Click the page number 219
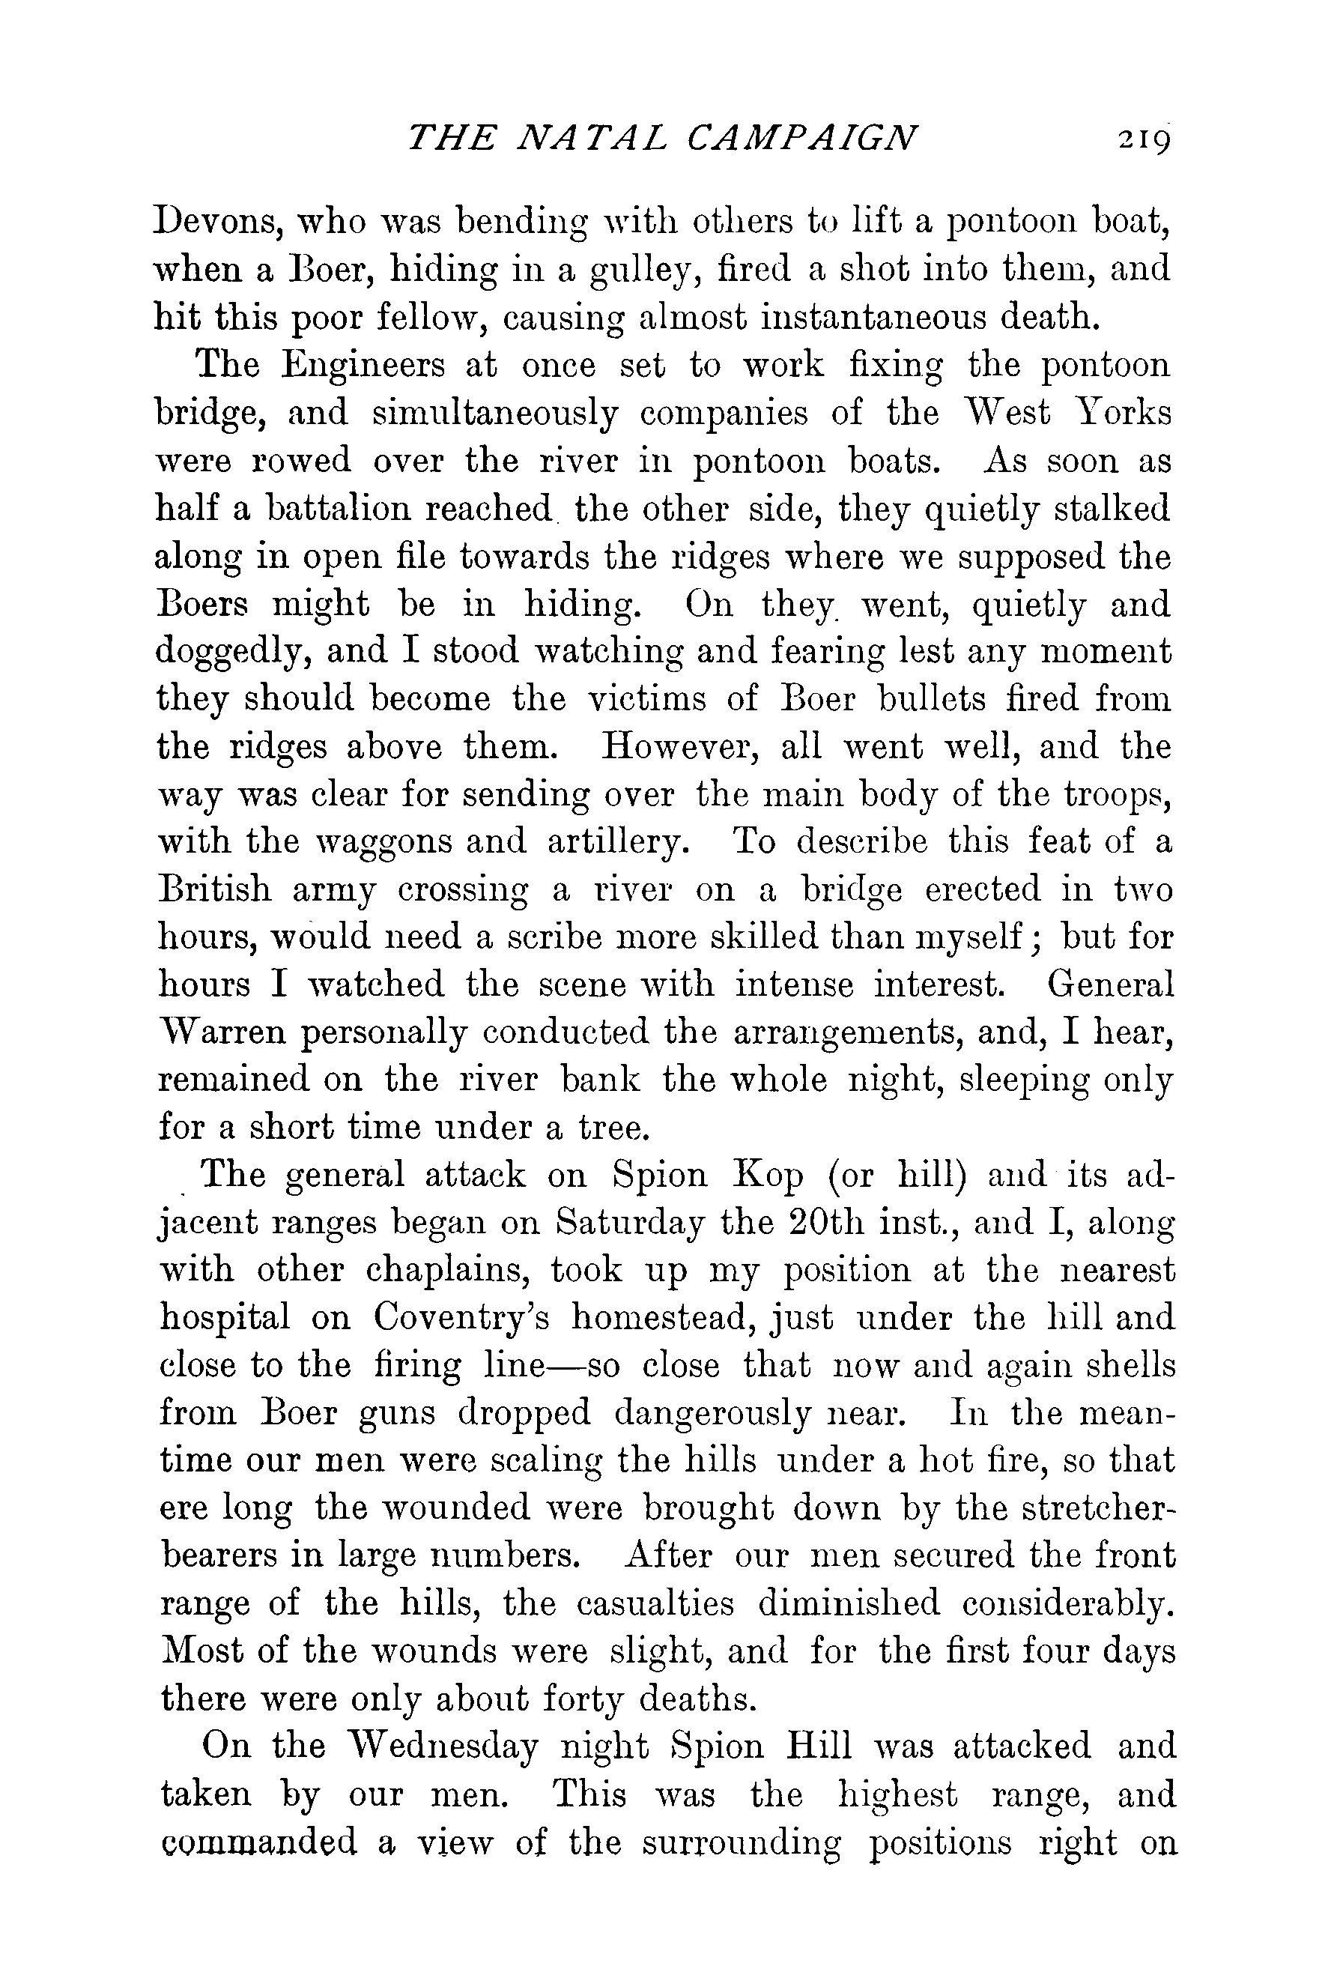tap(1142, 137)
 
